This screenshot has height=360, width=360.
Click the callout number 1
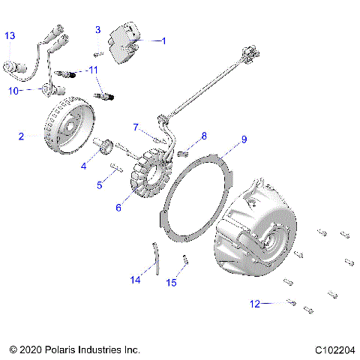click(x=165, y=41)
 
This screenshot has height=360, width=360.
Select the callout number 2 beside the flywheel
click(x=22, y=136)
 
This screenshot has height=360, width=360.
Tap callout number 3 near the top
click(x=97, y=30)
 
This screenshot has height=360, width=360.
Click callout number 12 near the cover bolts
click(x=255, y=304)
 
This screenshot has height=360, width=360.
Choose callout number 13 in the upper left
click(x=9, y=36)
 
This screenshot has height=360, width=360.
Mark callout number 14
click(x=135, y=280)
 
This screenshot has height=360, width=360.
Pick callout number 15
click(x=172, y=282)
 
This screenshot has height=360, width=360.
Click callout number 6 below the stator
click(x=118, y=208)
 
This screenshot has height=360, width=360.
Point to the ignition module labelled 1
click(x=125, y=41)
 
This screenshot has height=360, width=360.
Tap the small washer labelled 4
click(x=106, y=145)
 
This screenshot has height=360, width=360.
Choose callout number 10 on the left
click(x=13, y=91)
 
